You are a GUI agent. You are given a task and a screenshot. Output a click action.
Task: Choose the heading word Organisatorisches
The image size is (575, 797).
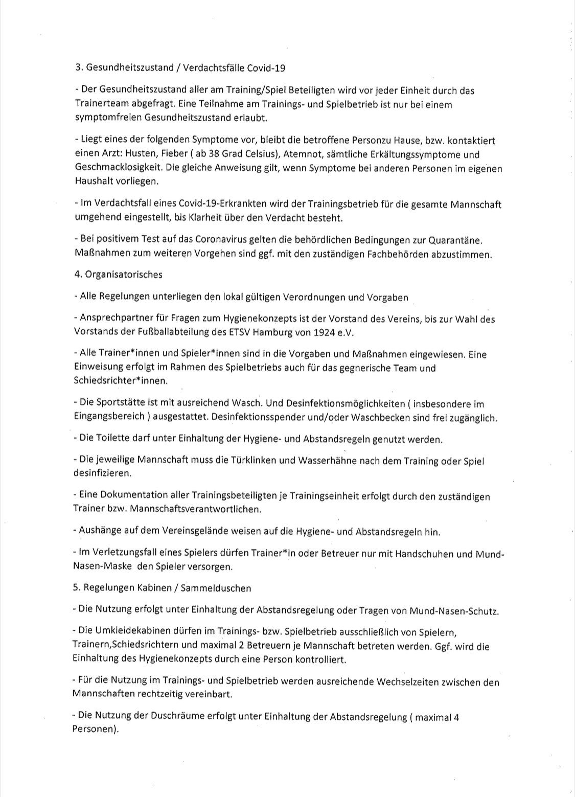(123, 275)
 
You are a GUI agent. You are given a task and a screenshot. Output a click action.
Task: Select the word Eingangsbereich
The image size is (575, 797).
(109, 417)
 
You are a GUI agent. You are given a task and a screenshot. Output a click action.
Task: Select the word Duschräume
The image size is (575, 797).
(177, 717)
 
